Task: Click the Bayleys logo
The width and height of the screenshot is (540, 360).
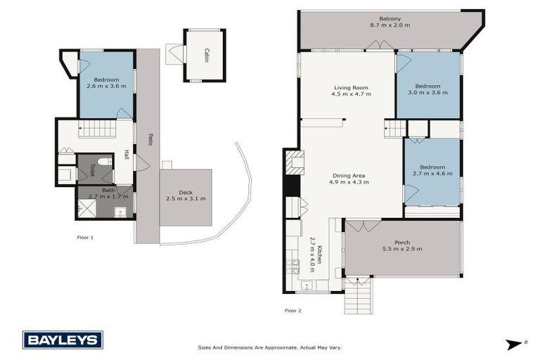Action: pyautogui.click(x=63, y=340)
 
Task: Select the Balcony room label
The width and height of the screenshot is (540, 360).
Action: pyautogui.click(x=390, y=18)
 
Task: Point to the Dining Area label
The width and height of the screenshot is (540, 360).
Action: pyautogui.click(x=349, y=175)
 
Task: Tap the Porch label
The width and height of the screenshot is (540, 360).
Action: pyautogui.click(x=401, y=243)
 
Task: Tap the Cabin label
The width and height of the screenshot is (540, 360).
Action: pyautogui.click(x=206, y=56)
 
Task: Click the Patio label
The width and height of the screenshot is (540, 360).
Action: pyautogui.click(x=150, y=139)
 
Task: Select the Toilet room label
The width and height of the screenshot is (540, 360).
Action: pyautogui.click(x=91, y=169)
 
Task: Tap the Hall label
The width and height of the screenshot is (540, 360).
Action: pyautogui.click(x=127, y=155)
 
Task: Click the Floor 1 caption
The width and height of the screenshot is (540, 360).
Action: pyautogui.click(x=85, y=238)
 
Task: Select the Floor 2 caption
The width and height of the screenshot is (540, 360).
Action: pyautogui.click(x=292, y=310)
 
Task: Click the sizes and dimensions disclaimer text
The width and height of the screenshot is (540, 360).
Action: pyautogui.click(x=269, y=347)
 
